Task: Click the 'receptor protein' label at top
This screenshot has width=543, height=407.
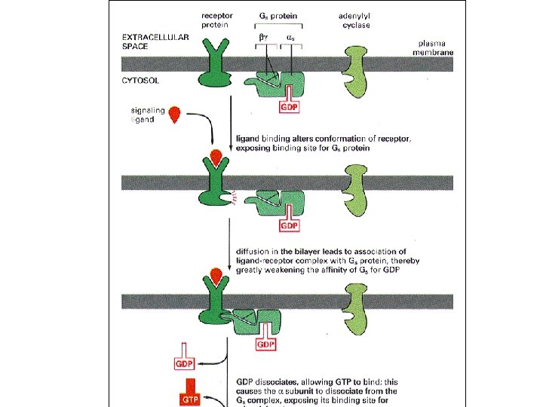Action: [x=216, y=20]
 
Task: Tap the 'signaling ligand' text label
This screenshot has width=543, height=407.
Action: [x=148, y=115]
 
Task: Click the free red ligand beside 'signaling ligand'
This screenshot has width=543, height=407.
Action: [x=176, y=115]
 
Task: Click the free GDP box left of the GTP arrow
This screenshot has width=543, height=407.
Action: [x=187, y=364]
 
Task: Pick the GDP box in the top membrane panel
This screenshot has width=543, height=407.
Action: [x=290, y=107]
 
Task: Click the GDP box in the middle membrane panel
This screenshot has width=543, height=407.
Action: [x=290, y=225]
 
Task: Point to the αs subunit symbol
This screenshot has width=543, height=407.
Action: [x=290, y=35]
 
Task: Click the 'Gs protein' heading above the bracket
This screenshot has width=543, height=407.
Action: [x=278, y=15]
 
